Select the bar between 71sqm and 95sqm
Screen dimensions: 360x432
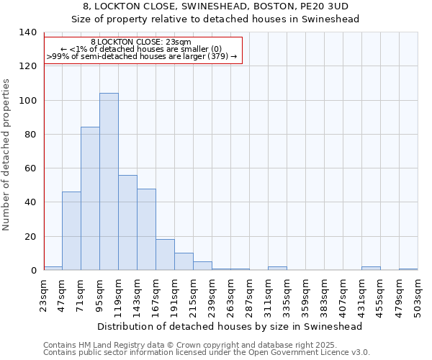point(90,199)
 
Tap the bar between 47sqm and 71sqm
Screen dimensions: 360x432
point(71,230)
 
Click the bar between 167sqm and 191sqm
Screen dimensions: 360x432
point(165,255)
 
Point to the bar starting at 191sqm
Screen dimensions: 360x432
point(184,261)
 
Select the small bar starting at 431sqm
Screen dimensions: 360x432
point(371,269)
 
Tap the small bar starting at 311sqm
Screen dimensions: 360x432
point(277,269)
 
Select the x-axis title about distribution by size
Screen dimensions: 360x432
point(230,326)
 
